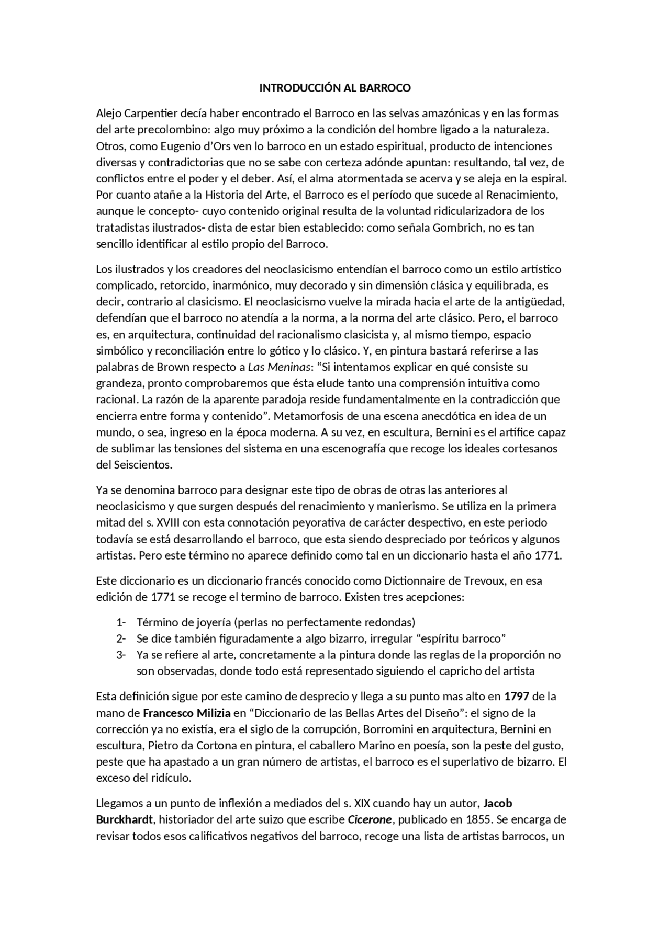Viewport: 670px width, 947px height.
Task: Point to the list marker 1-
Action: tap(121, 622)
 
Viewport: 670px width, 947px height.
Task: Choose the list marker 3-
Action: tap(121, 655)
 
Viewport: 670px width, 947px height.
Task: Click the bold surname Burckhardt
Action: tap(124, 819)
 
